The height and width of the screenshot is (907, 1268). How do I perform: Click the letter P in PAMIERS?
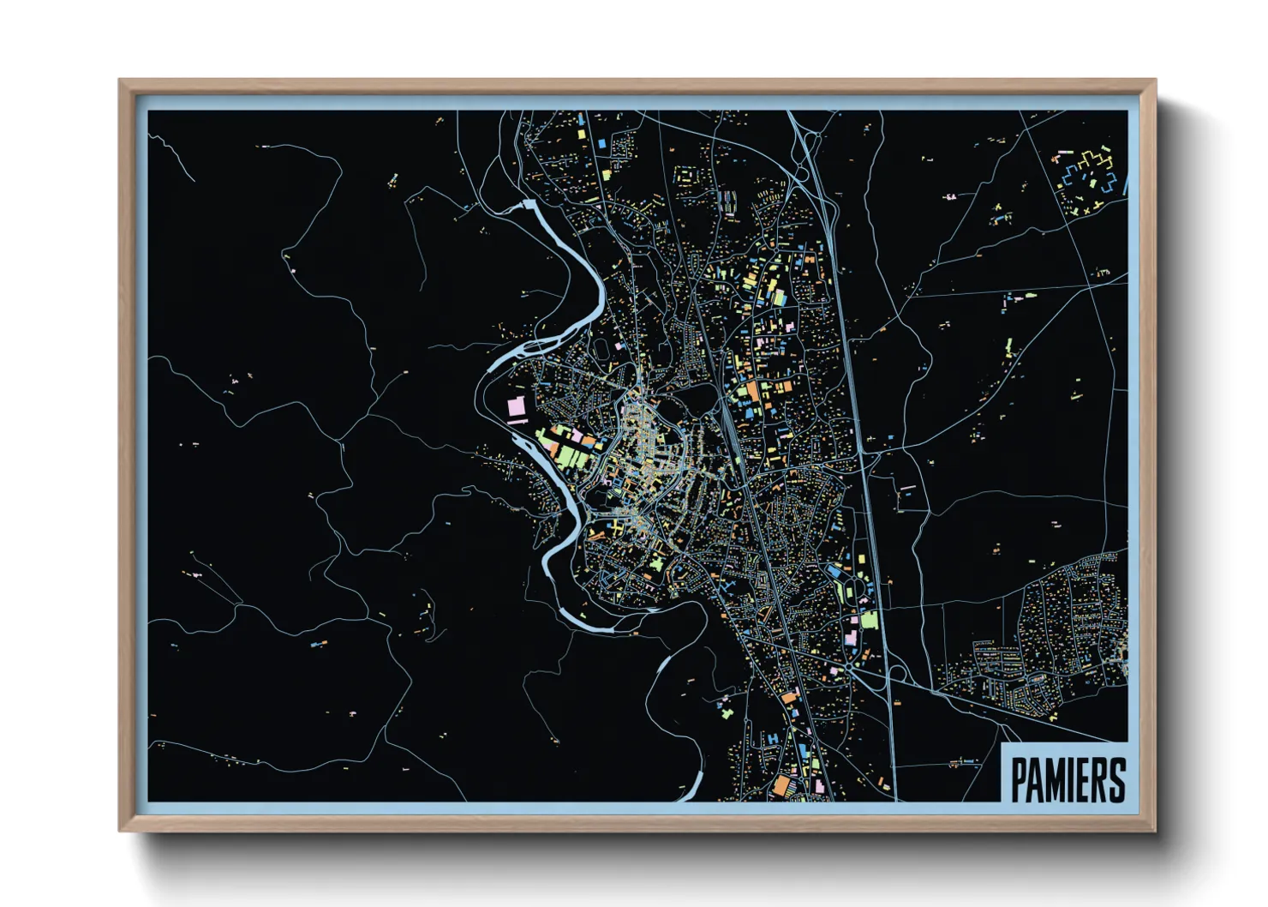click(1019, 779)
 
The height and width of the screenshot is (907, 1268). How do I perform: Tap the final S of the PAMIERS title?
click(1116, 779)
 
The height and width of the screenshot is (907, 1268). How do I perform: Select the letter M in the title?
click(1055, 779)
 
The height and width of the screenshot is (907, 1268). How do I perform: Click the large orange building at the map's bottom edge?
click(781, 785)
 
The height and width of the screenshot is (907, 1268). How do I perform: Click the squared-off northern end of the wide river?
click(529, 204)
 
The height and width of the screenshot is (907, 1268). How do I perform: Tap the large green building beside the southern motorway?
click(870, 619)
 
